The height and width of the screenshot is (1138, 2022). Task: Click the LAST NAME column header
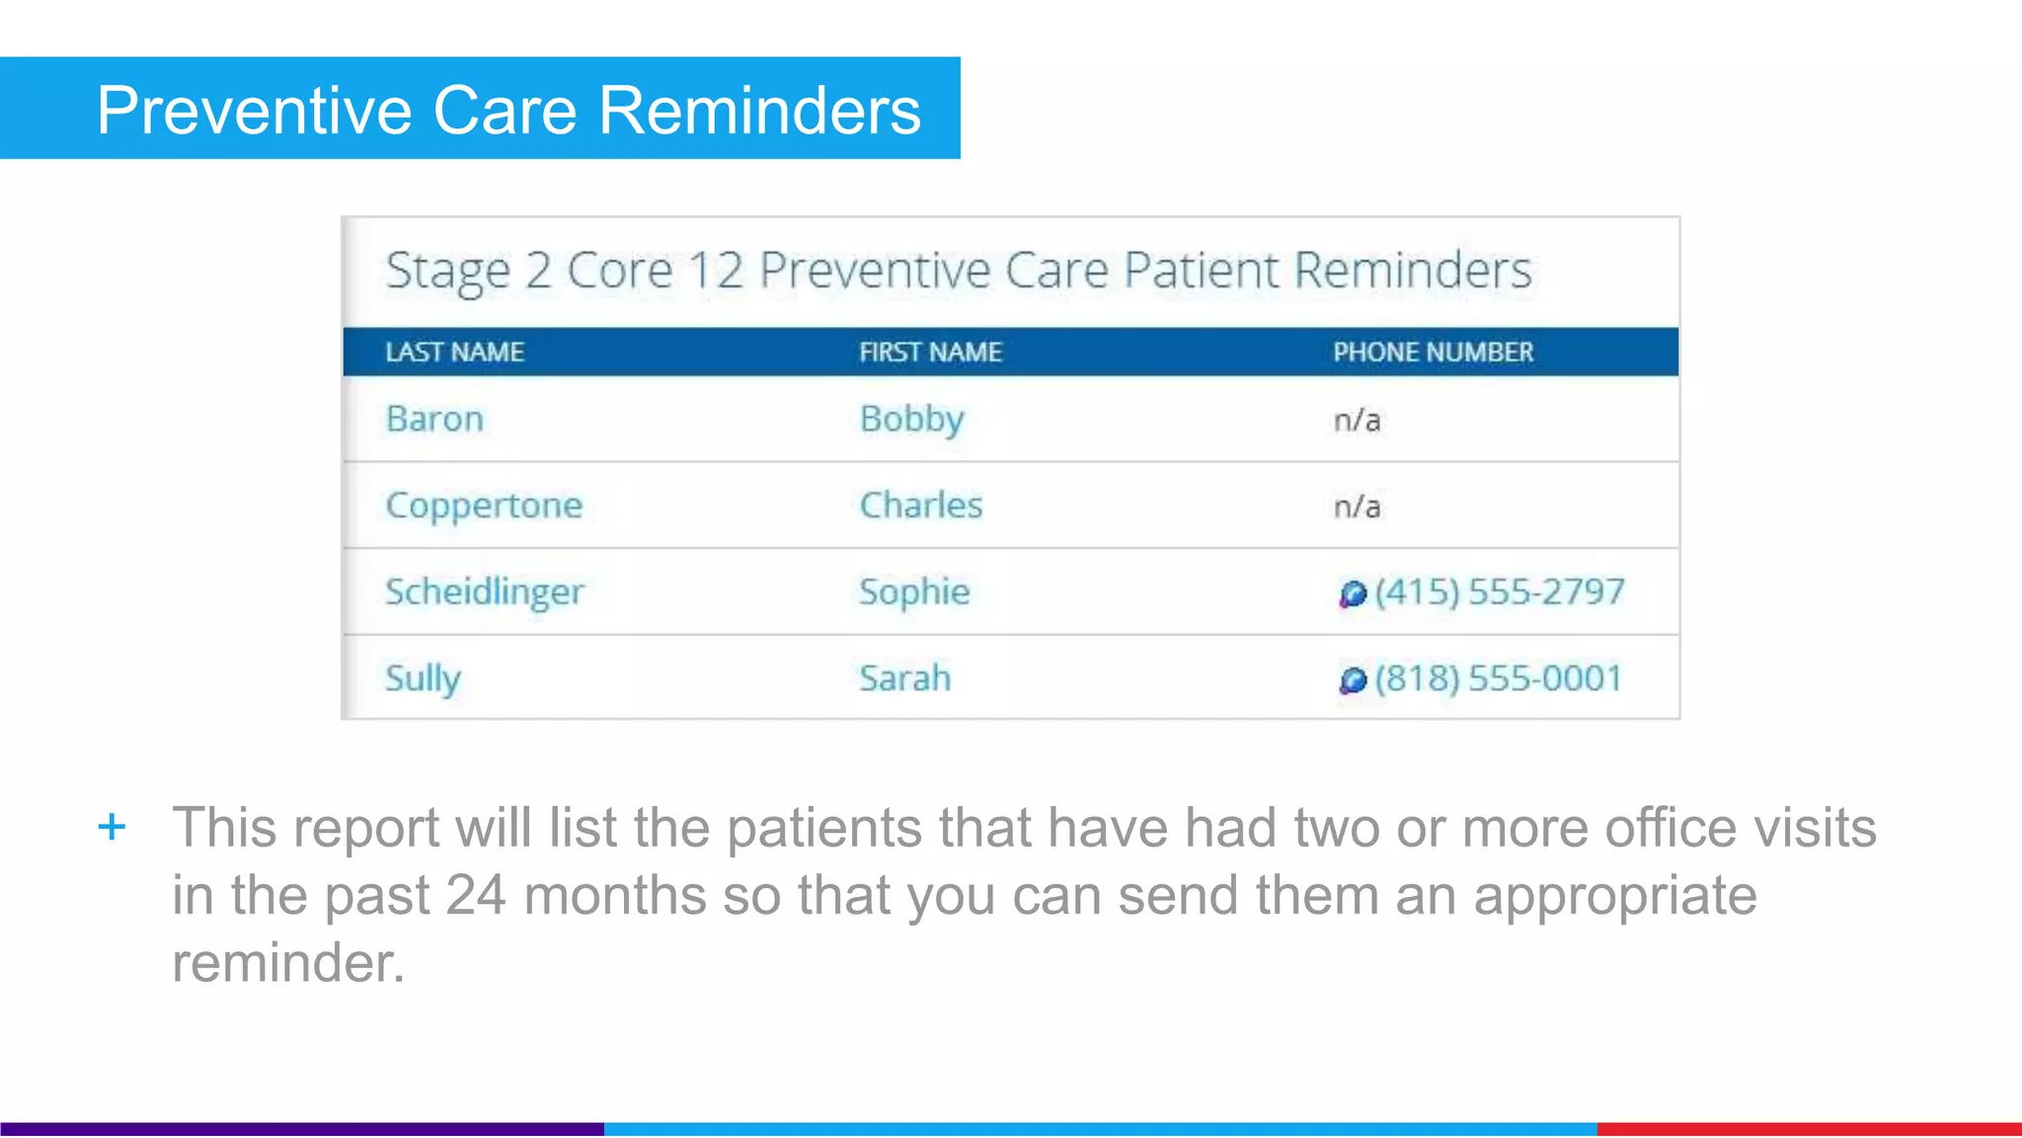(454, 352)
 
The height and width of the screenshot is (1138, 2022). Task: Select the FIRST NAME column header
(930, 352)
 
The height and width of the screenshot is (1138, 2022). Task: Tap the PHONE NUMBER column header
(1433, 352)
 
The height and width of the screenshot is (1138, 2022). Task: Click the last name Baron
(434, 419)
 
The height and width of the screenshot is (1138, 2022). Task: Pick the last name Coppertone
(484, 506)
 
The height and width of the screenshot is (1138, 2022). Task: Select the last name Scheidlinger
(485, 592)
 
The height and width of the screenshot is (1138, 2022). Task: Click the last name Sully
(423, 678)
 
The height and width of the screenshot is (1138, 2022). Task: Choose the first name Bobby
(911, 419)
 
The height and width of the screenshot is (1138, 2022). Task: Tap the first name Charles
(921, 506)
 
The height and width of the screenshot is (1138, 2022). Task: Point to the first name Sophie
(914, 592)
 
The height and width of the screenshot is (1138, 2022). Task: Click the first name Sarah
(904, 678)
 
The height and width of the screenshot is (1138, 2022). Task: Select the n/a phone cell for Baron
(1357, 421)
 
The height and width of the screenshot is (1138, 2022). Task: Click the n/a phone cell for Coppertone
(1357, 507)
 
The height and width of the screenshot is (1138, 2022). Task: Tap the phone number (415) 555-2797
(1499, 592)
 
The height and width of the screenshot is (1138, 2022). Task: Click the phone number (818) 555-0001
(1498, 678)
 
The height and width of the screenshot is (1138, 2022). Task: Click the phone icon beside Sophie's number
(1352, 594)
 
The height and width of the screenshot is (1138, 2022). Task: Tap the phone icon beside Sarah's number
(1352, 680)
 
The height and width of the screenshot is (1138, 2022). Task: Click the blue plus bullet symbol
(112, 826)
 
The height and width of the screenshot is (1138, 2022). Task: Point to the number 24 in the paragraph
(476, 895)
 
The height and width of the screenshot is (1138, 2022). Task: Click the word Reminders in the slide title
(759, 110)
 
